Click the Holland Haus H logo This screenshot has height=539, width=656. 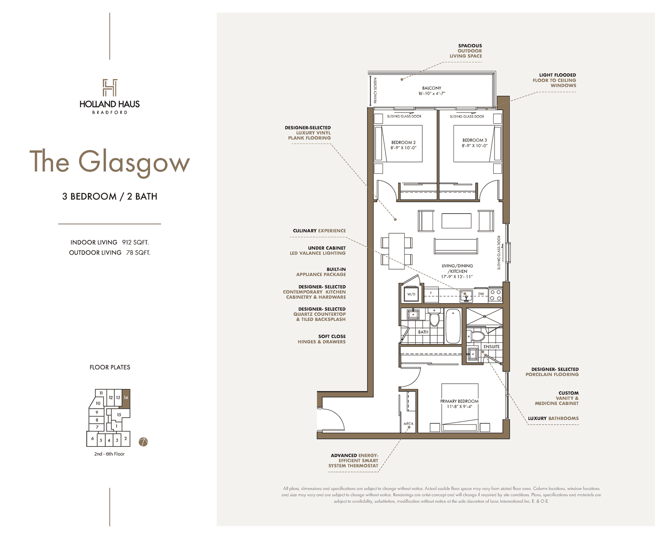click(x=110, y=87)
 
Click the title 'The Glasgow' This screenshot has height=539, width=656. click(x=109, y=162)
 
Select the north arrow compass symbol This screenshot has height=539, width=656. click(x=143, y=441)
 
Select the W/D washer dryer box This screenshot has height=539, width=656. click(x=411, y=293)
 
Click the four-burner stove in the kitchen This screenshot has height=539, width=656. click(x=495, y=295)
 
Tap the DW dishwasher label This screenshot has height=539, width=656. click(x=481, y=294)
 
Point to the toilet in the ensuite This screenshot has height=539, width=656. click(x=477, y=336)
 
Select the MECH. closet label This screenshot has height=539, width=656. click(x=408, y=423)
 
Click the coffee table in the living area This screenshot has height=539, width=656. click(x=456, y=221)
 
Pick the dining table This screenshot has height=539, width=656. click(x=396, y=251)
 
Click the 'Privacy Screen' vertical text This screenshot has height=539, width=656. click(x=375, y=91)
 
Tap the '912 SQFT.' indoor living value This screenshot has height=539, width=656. click(x=135, y=242)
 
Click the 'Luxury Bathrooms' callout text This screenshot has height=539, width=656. click(x=553, y=418)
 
